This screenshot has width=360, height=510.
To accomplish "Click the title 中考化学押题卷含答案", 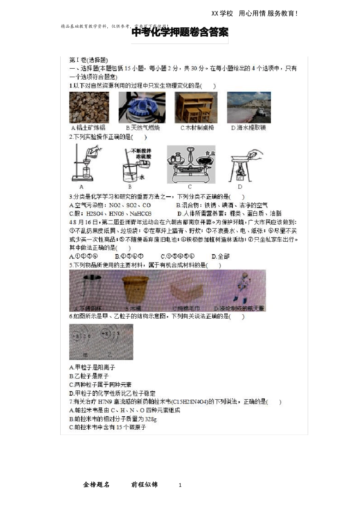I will (180, 33).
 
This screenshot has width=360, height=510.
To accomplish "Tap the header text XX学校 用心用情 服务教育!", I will (255, 14).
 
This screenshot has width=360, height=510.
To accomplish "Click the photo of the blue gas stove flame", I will (142, 107).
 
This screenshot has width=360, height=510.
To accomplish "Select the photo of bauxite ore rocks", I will (89, 107).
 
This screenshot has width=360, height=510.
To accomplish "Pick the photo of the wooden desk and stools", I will (196, 107).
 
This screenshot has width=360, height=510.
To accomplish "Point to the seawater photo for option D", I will (249, 107).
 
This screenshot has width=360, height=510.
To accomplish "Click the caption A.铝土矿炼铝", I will (88, 128).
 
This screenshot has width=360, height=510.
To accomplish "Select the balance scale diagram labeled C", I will (191, 164).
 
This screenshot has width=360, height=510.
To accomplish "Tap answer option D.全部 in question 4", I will (221, 257).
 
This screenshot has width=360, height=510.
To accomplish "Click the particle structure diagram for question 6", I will (101, 342).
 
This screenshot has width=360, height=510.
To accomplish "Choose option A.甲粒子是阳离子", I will (92, 368).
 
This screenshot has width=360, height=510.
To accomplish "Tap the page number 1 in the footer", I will (180, 485).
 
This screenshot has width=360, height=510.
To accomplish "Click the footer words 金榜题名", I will (96, 485).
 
